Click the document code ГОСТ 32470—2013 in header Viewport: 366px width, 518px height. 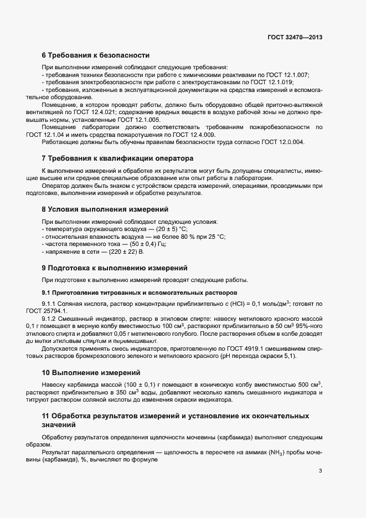(x=295, y=38)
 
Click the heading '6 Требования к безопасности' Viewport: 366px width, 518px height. (x=95, y=55)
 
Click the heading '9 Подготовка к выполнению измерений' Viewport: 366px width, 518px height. (x=115, y=267)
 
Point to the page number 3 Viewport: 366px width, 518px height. (x=320, y=471)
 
